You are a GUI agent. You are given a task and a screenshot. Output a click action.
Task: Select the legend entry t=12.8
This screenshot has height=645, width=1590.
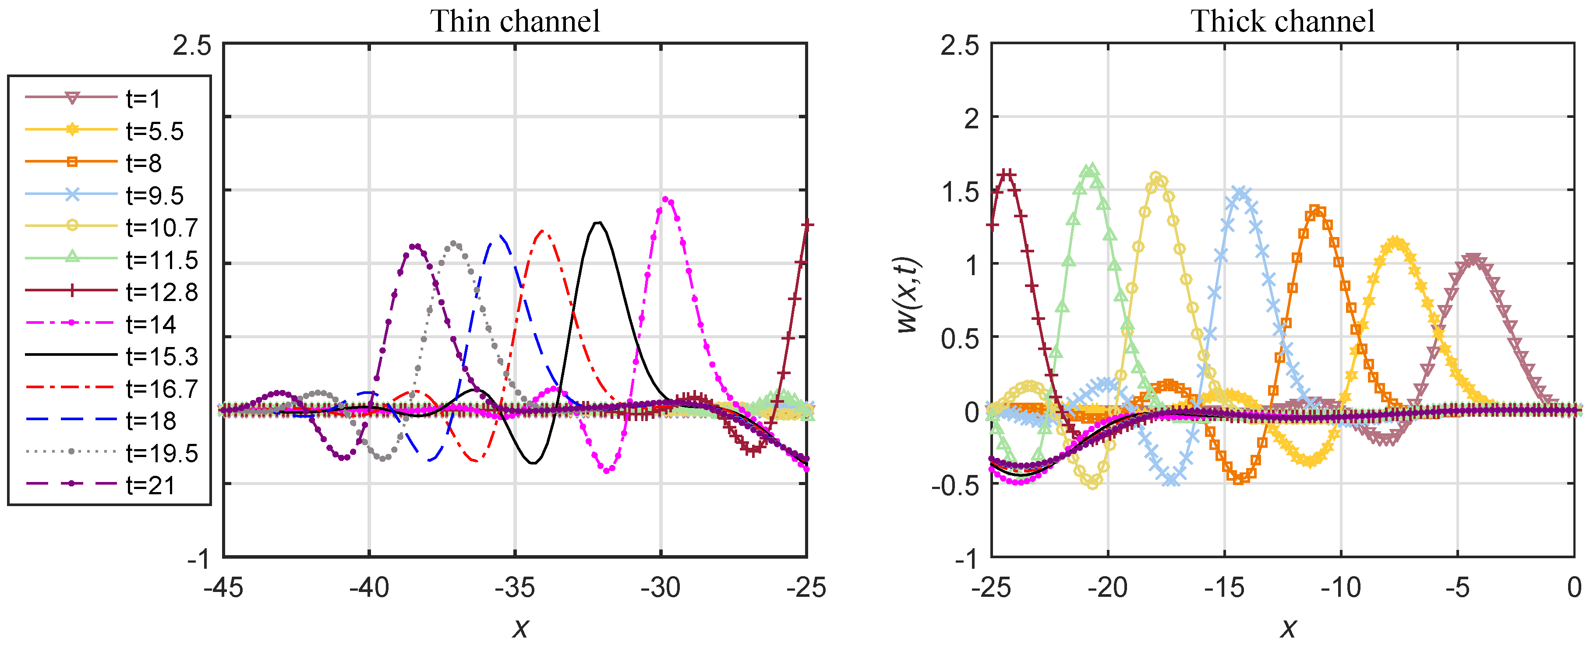162,292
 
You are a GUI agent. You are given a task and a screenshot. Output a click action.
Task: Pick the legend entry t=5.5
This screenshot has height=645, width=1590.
154,131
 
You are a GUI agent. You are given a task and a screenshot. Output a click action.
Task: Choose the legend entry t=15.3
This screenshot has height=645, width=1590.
162,357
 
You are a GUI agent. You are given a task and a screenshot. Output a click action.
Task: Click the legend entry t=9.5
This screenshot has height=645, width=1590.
154,196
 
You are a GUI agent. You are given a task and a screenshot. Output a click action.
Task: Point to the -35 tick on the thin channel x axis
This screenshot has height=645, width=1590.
515,587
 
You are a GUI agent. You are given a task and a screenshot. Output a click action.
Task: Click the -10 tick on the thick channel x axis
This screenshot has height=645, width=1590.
1341,587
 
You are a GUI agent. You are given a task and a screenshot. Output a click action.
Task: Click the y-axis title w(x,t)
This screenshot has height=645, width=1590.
908,295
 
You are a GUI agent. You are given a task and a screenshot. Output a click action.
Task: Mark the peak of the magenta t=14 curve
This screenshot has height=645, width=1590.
665,199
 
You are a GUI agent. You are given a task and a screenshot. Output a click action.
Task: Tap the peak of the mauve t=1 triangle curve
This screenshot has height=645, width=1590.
1473,259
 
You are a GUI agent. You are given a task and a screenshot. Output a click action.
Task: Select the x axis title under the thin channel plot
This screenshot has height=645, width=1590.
520,628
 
